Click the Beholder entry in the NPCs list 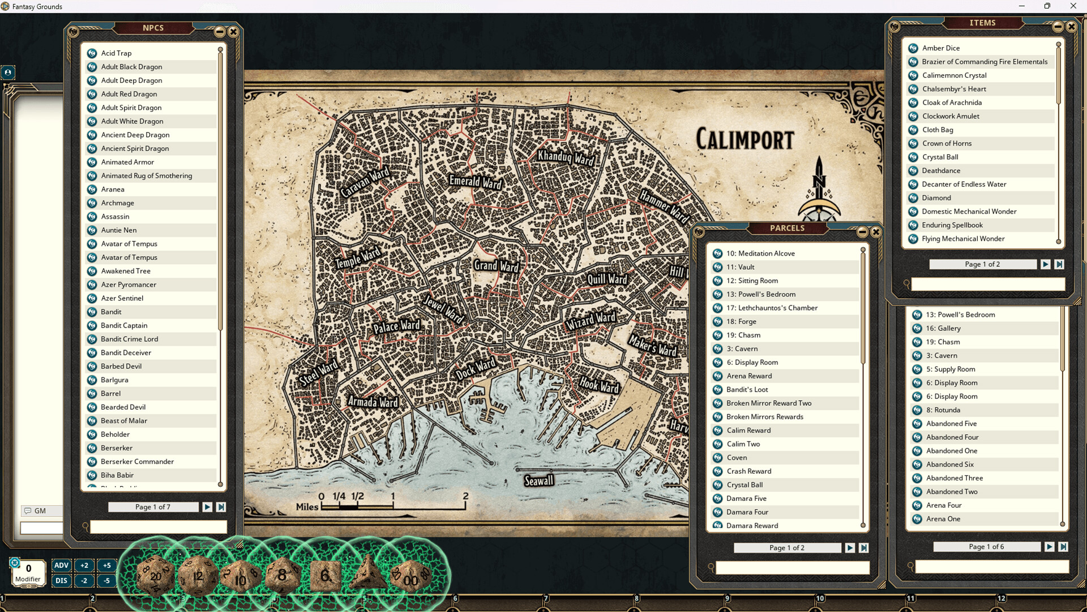(x=115, y=434)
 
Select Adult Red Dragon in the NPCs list (x=129, y=94)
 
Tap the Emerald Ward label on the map (x=475, y=181)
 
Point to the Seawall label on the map (x=538, y=481)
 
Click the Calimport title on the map (x=744, y=139)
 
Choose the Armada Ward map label (x=373, y=402)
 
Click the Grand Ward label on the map (x=496, y=266)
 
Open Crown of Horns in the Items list (x=947, y=143)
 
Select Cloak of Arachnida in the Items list (x=952, y=103)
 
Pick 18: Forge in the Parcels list (x=741, y=321)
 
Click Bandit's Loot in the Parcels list (x=747, y=389)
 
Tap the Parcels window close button (x=876, y=232)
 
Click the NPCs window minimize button (x=220, y=32)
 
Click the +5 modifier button (x=107, y=565)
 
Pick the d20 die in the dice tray (x=155, y=576)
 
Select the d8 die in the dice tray (x=282, y=575)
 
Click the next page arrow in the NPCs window (x=207, y=507)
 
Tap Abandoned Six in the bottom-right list (x=949, y=464)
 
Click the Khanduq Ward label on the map (x=566, y=157)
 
